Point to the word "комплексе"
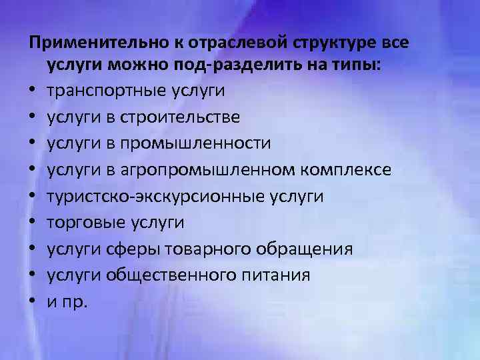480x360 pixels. (344, 170)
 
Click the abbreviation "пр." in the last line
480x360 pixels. (75, 302)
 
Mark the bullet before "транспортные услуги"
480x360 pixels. (32, 90)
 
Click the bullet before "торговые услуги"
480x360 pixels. (32, 223)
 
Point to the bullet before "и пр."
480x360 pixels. (32, 302)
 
